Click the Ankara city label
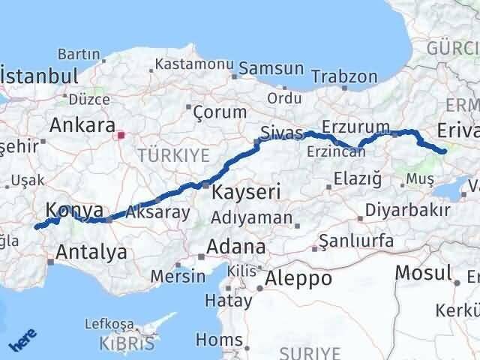click(x=82, y=124)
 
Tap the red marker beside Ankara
click(x=121, y=136)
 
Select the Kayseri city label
click(x=246, y=192)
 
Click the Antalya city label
click(x=91, y=252)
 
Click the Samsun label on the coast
click(x=271, y=68)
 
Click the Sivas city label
click(x=281, y=133)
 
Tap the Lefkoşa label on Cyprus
click(x=109, y=325)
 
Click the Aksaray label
click(x=158, y=211)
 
